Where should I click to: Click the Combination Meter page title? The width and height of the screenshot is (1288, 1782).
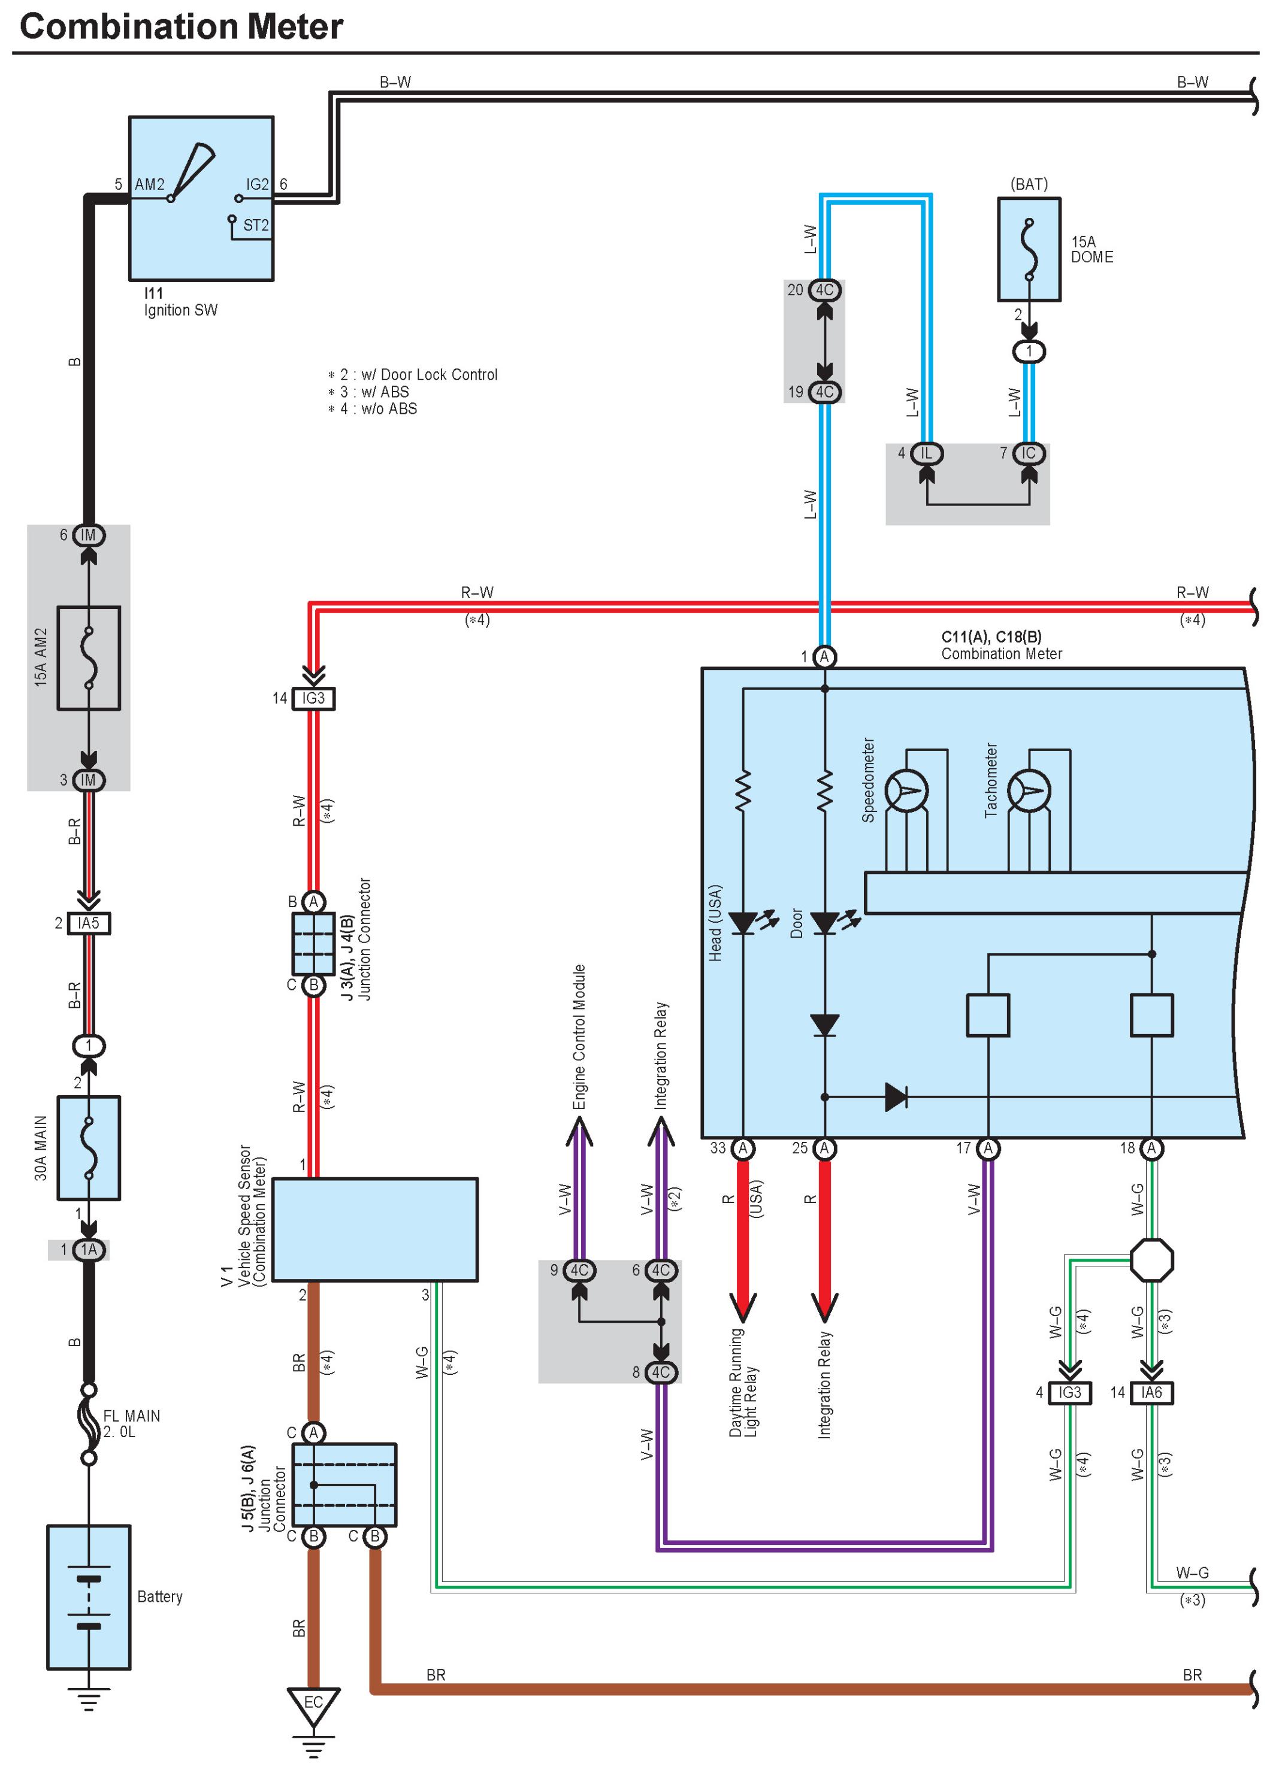coord(181,27)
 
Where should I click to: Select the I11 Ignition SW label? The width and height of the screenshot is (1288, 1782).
coord(180,302)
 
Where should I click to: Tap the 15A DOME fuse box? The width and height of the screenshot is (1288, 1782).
coord(1029,249)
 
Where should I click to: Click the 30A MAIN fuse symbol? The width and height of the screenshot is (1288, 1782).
coord(89,1148)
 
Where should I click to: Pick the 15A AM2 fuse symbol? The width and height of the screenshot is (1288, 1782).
coord(89,657)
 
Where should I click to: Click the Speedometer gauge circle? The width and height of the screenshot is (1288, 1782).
coord(906,791)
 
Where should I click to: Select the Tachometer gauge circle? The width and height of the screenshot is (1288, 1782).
coord(1029,791)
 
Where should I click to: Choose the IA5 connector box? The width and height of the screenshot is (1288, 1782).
coord(89,923)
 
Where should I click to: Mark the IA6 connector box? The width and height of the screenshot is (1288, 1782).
coord(1151,1393)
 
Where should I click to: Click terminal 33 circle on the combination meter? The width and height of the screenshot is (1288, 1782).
coord(742,1148)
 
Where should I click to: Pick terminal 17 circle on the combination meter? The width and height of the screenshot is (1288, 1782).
coord(988,1148)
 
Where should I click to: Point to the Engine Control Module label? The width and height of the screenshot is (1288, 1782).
coord(579,1037)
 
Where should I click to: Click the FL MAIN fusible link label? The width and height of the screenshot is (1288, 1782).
coord(131,1424)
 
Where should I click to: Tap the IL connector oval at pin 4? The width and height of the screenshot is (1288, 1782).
coord(927,453)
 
